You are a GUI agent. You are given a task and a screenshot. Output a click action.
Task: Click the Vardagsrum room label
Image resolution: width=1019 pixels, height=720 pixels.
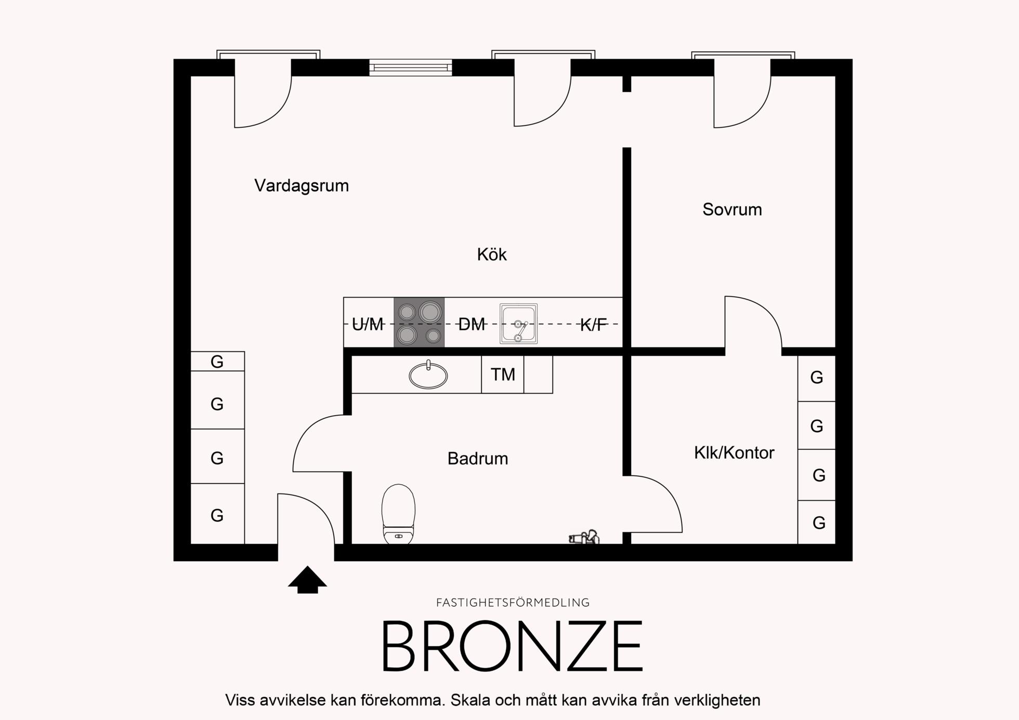click(302, 185)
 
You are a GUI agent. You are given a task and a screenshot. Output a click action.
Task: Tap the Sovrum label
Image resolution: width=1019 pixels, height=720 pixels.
click(732, 209)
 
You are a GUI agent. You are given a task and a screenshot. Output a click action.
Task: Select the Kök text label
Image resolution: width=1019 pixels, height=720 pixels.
click(492, 254)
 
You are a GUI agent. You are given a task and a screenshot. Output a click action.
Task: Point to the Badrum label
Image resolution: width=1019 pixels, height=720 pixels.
click(478, 458)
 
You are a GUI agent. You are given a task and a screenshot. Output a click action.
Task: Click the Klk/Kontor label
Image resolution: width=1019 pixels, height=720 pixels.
click(734, 452)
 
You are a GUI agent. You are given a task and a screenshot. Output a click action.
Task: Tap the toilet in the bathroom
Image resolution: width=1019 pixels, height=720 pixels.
click(398, 514)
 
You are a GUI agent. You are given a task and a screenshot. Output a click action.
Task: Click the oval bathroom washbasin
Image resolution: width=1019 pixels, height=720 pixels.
click(428, 375)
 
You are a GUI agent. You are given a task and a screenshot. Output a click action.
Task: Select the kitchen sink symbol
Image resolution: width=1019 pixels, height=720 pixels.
click(518, 324)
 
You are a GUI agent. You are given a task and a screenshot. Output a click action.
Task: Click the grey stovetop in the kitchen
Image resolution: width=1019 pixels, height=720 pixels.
click(419, 322)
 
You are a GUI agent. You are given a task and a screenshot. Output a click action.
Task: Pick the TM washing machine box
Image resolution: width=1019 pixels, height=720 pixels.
click(503, 374)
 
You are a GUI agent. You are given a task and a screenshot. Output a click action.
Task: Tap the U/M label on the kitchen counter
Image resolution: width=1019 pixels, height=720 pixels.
click(368, 324)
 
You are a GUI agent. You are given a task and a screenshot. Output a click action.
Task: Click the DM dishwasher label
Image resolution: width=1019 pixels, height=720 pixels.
click(472, 324)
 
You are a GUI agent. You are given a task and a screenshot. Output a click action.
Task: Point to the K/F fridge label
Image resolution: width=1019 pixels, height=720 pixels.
click(593, 325)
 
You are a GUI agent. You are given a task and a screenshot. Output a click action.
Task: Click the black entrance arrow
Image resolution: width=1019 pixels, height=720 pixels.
click(307, 579)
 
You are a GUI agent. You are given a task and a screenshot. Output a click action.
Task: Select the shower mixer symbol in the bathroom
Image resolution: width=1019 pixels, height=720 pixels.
click(584, 537)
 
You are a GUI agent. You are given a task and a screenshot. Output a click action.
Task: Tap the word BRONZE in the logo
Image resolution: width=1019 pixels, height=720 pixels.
click(513, 646)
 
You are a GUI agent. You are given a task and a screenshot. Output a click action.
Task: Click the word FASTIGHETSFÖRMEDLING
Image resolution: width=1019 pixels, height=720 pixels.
click(513, 603)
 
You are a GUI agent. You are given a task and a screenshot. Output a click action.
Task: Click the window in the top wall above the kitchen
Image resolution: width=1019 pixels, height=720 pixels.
click(411, 68)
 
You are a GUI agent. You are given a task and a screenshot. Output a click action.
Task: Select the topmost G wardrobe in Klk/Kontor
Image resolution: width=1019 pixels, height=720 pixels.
click(817, 378)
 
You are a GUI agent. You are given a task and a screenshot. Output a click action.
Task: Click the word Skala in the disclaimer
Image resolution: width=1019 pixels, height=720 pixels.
click(471, 700)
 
